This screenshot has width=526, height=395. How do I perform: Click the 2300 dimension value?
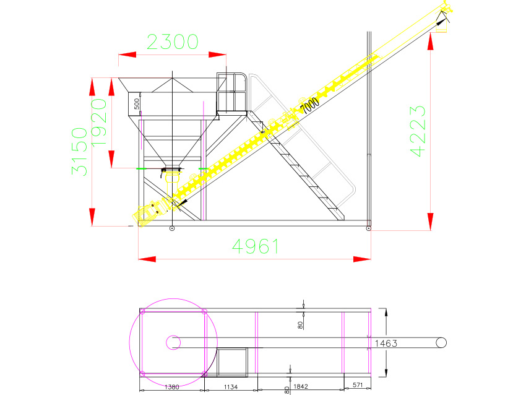[173, 41]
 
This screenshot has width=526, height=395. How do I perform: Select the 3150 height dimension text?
[79, 151]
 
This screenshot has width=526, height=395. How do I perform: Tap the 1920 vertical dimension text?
[99, 122]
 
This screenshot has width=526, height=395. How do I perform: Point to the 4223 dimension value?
[418, 131]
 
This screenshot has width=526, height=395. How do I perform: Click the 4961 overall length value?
[256, 246]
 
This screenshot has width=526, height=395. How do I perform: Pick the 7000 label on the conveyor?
[309, 105]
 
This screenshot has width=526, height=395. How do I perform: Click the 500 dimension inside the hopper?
[137, 103]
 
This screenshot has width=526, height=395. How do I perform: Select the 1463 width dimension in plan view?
[386, 344]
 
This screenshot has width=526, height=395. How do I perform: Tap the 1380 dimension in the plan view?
[172, 387]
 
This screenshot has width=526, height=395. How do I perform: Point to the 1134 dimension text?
[231, 387]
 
